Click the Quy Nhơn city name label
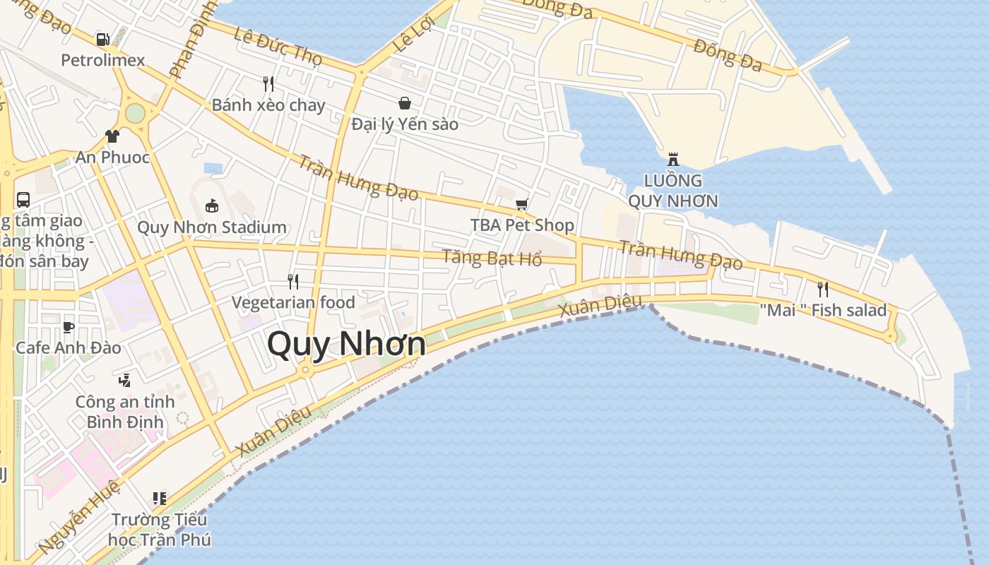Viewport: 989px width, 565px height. point(346,345)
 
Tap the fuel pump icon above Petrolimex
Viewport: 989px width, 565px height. point(103,40)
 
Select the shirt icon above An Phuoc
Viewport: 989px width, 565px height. point(112,136)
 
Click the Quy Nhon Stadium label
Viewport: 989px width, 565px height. point(212,227)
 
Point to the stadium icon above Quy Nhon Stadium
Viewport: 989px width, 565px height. point(212,206)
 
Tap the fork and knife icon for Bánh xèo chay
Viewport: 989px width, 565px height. point(268,84)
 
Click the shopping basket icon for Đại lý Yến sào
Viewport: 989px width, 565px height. point(405,103)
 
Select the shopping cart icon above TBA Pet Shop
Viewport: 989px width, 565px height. point(521,205)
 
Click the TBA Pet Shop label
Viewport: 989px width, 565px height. point(522,225)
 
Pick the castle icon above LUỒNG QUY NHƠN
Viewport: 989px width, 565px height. point(673,159)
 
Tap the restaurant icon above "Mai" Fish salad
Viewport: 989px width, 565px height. point(822,289)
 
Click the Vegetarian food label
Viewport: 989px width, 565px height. point(293,302)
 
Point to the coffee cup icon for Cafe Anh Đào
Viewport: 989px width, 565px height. point(68,326)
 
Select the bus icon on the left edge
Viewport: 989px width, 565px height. point(23,200)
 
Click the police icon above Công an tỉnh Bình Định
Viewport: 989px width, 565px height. point(125,381)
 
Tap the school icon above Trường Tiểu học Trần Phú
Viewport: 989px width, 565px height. point(160,499)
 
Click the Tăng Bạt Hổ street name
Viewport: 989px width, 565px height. point(492,257)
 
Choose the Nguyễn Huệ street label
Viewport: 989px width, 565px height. point(78,516)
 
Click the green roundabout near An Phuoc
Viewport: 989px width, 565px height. point(135,113)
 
